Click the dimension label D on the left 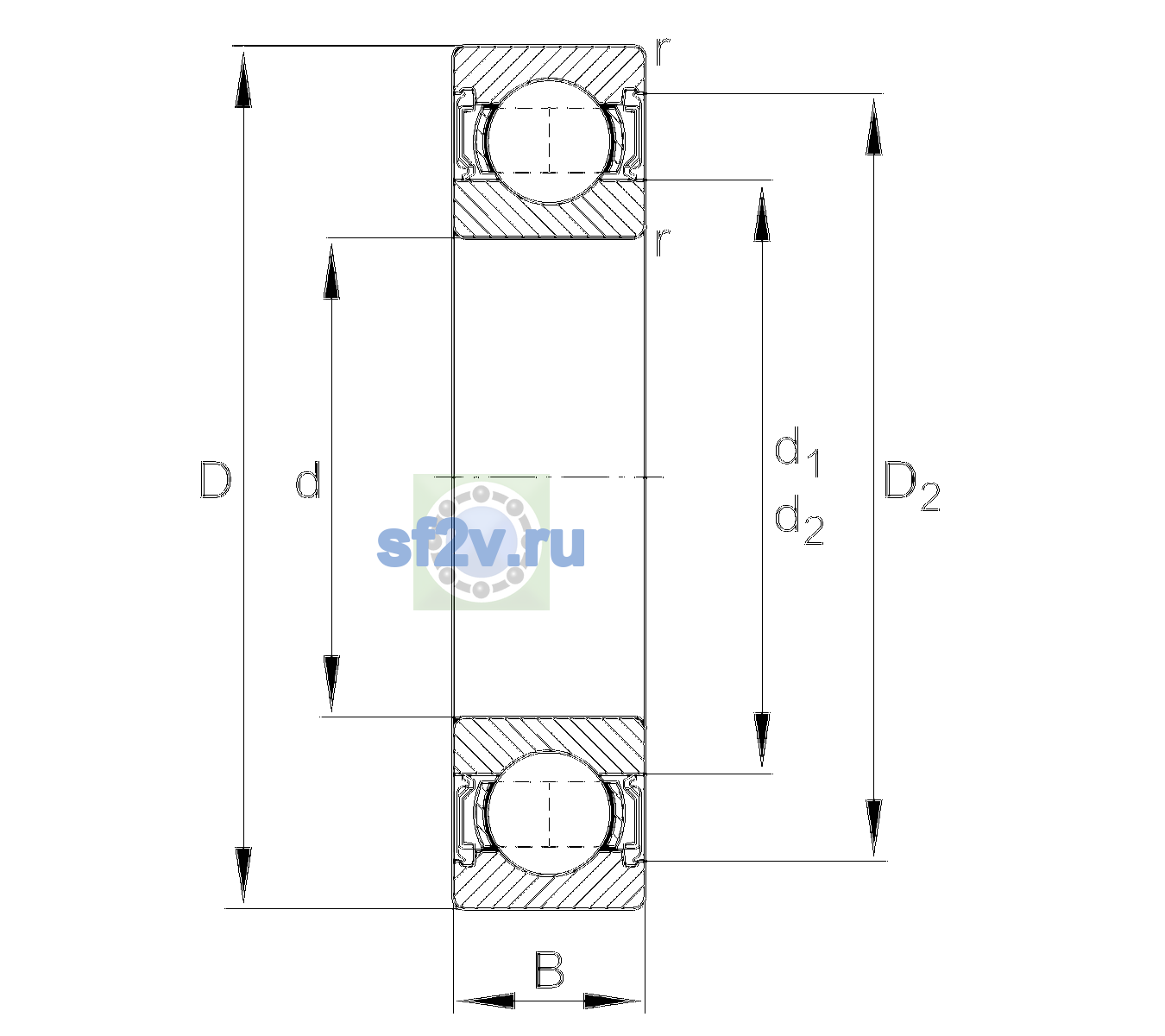click(216, 479)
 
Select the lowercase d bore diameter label click(307, 479)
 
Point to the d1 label click(797, 452)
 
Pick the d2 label click(799, 520)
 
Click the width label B click(549, 970)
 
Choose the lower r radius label click(663, 242)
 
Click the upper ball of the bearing click(549, 141)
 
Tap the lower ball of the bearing click(549, 813)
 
